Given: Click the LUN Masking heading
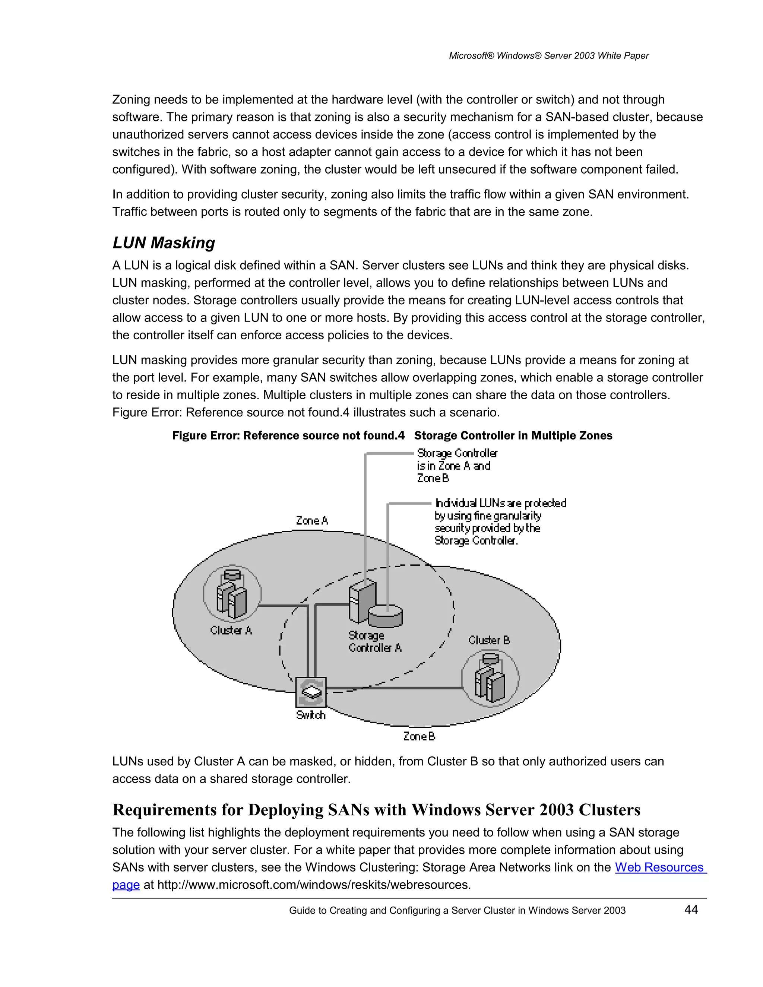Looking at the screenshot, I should click(164, 243).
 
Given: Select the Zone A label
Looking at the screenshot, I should click(312, 521).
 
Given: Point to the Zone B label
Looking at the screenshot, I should click(419, 736).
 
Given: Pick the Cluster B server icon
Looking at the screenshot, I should click(490, 677).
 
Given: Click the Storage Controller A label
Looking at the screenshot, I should click(375, 642).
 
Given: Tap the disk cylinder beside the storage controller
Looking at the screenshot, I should click(385, 616).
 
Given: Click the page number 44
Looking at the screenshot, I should click(691, 910).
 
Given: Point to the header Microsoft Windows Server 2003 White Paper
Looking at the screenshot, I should click(548, 55).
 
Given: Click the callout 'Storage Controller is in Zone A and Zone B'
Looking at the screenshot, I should click(456, 466).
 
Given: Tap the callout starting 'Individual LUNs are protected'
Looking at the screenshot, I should click(500, 521).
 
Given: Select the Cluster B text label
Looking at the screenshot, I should click(489, 640).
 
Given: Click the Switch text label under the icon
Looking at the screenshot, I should click(311, 715).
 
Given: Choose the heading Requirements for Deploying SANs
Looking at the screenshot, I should click(376, 810).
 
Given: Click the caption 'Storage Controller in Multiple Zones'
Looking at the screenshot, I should click(513, 436).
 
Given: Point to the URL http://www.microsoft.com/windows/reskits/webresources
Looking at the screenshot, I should click(314, 885).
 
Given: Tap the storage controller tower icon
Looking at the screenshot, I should click(362, 601).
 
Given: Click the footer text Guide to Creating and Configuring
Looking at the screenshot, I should click(457, 911).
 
